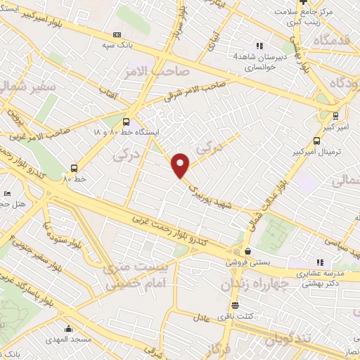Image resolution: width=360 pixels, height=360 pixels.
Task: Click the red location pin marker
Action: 181,165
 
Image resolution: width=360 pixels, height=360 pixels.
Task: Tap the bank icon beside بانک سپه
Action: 117,34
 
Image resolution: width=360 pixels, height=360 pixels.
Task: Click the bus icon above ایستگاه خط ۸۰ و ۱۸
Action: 127,121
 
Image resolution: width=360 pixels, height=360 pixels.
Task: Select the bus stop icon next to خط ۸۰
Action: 74,167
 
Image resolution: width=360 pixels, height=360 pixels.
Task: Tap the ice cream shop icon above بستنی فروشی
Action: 247,250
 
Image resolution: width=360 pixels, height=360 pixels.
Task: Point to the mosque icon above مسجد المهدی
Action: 68,328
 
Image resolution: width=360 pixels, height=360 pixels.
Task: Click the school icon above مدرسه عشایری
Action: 321,262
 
